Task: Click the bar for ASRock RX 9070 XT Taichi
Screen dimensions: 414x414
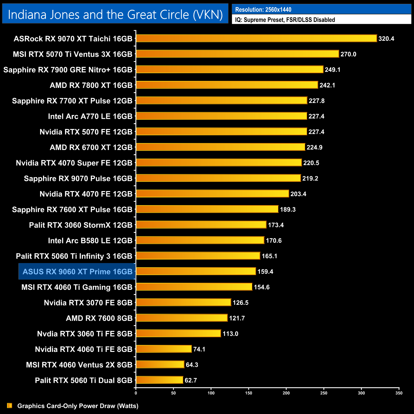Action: (256, 39)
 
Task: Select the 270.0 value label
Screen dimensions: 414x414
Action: (348, 54)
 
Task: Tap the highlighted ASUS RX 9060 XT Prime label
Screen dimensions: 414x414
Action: (77, 272)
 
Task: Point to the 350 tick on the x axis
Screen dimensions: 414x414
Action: (399, 393)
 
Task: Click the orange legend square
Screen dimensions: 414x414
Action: (10, 405)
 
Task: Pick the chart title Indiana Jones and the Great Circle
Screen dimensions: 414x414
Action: (115, 15)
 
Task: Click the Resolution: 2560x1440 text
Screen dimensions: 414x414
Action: (263, 10)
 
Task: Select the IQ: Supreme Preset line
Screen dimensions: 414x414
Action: (285, 20)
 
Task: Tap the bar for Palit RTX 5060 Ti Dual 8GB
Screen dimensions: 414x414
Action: (160, 380)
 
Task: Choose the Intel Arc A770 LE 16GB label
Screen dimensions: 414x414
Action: (90, 116)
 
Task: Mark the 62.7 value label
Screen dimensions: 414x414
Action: (191, 380)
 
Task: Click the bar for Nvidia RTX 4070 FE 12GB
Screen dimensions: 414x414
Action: (212, 194)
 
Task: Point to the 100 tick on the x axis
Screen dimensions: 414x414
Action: (211, 393)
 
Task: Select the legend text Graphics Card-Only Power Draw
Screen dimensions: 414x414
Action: (78, 406)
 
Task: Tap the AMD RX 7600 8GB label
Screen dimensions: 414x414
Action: (99, 318)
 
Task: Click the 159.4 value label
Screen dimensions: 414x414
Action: (265, 272)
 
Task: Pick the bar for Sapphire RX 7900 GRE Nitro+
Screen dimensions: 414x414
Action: (230, 69)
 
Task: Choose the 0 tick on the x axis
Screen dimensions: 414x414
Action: (136, 393)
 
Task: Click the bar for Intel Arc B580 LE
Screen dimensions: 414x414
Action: (200, 240)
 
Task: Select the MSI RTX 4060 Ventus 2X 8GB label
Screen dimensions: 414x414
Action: (79, 365)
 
